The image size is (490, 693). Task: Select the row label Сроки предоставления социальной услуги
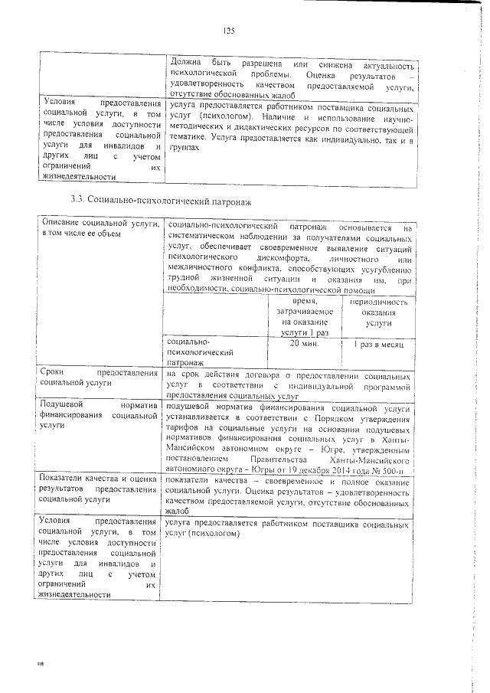(x=99, y=378)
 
